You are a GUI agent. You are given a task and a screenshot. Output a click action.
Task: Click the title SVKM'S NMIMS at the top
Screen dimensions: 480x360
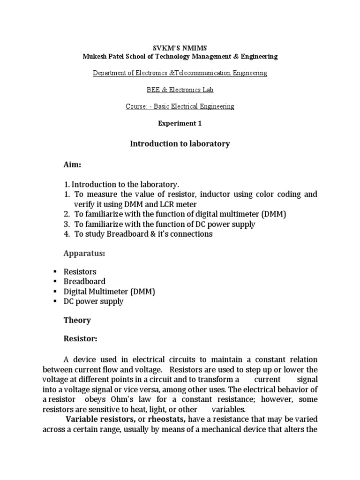click(x=180, y=48)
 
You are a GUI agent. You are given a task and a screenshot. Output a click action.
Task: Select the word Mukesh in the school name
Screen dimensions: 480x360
click(x=96, y=56)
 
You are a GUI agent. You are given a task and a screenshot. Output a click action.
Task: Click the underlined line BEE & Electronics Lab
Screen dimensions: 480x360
click(x=180, y=90)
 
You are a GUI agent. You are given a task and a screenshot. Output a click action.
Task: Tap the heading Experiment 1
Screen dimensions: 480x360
click(x=180, y=123)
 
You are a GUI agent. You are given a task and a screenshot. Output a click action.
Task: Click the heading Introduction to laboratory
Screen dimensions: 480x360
click(x=180, y=144)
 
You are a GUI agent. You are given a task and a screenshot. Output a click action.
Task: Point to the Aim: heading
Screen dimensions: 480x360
click(x=73, y=165)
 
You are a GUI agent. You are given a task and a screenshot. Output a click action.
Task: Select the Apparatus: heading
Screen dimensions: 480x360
click(x=84, y=254)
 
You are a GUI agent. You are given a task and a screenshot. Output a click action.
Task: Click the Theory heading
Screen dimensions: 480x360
click(x=77, y=321)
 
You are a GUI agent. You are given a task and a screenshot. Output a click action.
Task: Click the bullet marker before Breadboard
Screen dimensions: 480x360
click(x=55, y=282)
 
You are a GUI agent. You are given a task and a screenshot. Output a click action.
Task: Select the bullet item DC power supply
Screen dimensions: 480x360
click(x=93, y=301)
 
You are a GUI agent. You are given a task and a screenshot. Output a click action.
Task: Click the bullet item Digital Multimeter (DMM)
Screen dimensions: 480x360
click(x=109, y=292)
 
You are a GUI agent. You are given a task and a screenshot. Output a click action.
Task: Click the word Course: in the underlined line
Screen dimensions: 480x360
click(x=136, y=106)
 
